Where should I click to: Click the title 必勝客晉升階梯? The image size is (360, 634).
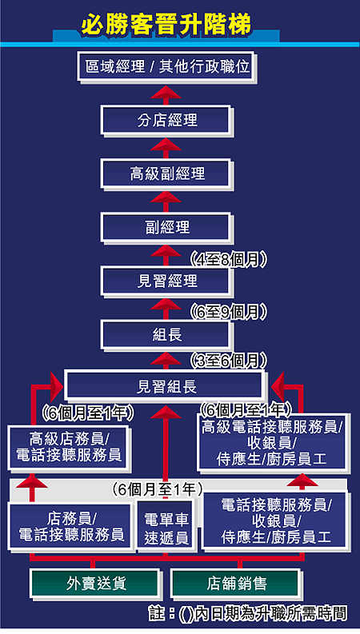pos(166,25)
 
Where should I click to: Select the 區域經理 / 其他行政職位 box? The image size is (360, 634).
pos(166,66)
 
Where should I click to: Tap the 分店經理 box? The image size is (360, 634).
pos(166,120)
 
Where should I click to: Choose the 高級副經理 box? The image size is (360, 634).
pos(166,173)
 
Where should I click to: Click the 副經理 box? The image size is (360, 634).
pos(166,227)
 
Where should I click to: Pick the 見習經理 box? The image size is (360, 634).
pos(166,281)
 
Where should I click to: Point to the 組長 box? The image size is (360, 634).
pos(166,335)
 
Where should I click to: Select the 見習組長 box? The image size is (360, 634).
pos(166,386)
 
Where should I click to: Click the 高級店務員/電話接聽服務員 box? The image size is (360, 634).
pos(68,448)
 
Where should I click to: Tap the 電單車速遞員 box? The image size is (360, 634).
pos(166,528)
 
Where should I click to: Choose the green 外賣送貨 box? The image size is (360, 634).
pos(95,584)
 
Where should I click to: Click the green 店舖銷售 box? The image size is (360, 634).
pos(236,584)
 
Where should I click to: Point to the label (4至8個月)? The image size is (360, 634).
pos(229,260)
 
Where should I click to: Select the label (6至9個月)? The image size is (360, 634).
pos(229,312)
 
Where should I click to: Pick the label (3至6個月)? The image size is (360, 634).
pos(229,361)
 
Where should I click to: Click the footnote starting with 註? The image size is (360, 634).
pos(248,614)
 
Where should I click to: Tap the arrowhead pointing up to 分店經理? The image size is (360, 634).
pos(166,144)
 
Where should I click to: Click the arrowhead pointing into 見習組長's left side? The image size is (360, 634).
pos(56,386)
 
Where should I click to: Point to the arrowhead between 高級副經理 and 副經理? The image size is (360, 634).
pos(166,197)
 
